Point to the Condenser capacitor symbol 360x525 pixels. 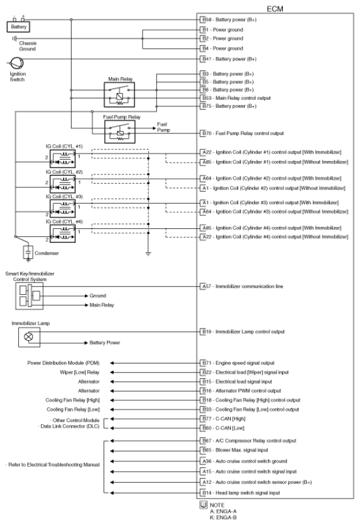click(28, 252)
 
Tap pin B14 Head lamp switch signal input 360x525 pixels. click(249, 492)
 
